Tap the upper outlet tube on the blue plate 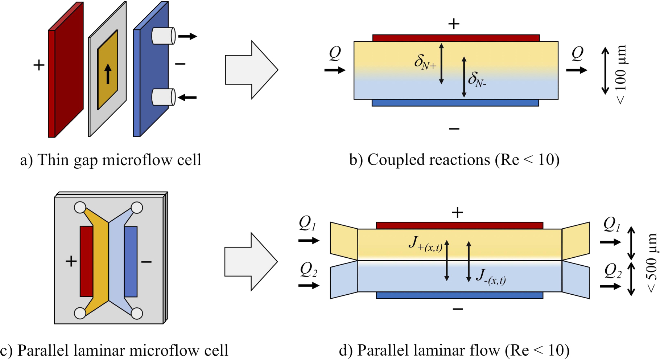[x=163, y=36]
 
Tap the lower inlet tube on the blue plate [x=163, y=97]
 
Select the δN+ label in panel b [x=425, y=62]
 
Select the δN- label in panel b [x=477, y=79]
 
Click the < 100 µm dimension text [x=621, y=74]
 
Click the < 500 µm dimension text [x=652, y=263]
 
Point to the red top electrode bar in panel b [x=456, y=38]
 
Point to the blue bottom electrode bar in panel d [x=459, y=295]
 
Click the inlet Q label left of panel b [x=335, y=53]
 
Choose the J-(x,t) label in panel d [x=491, y=277]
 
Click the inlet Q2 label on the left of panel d [x=308, y=270]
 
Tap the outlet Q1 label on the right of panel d [x=611, y=224]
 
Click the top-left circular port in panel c [x=80, y=208]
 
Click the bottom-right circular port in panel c [x=137, y=313]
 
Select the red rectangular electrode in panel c [x=86, y=261]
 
